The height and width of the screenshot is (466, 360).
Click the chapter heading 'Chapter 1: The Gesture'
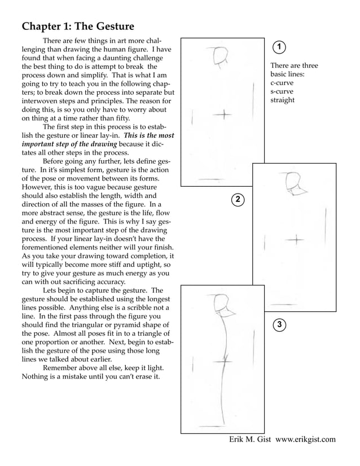pos(78,27)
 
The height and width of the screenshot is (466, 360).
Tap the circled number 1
pos(279,46)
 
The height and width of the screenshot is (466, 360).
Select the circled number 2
pos(238,199)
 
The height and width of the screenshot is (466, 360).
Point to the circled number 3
pos(279,324)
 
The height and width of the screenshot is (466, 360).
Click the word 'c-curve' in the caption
pos(283,83)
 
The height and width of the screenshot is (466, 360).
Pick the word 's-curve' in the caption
pos(282,91)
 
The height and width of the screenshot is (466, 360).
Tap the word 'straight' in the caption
pos(283,100)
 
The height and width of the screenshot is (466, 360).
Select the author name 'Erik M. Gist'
pos(250,439)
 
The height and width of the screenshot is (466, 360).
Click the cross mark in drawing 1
pos(224,115)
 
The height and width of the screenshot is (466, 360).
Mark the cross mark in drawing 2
pos(296,240)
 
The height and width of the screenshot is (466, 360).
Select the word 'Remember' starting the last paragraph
pos(62,367)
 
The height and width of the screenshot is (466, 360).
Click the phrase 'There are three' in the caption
pos(294,65)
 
